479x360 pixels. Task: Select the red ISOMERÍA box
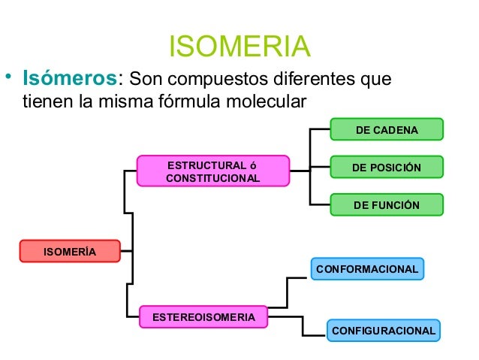click(70, 251)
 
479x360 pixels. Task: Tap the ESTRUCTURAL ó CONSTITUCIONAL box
click(212, 171)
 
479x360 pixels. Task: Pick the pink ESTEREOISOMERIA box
click(204, 317)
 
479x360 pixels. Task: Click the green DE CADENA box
click(387, 130)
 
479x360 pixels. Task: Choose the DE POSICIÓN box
click(387, 167)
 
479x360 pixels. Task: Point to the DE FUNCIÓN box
click(387, 204)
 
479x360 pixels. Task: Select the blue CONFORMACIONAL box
click(367, 268)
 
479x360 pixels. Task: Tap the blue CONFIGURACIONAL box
click(383, 330)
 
